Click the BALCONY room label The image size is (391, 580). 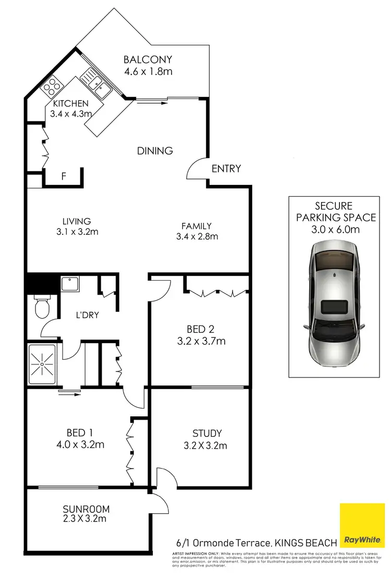pyautogui.click(x=148, y=59)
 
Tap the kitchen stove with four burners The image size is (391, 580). pyautogui.click(x=52, y=84)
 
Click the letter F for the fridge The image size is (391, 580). pyautogui.click(x=64, y=176)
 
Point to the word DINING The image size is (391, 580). pyautogui.click(x=155, y=151)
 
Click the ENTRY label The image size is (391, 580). pyautogui.click(x=226, y=169)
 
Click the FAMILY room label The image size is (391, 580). pyautogui.click(x=196, y=226)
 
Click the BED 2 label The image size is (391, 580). pyautogui.click(x=201, y=329)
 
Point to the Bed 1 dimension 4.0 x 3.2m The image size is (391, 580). pyautogui.click(x=80, y=445)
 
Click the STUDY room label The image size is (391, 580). pyautogui.click(x=207, y=433)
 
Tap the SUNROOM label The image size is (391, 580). pyautogui.click(x=87, y=509)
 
